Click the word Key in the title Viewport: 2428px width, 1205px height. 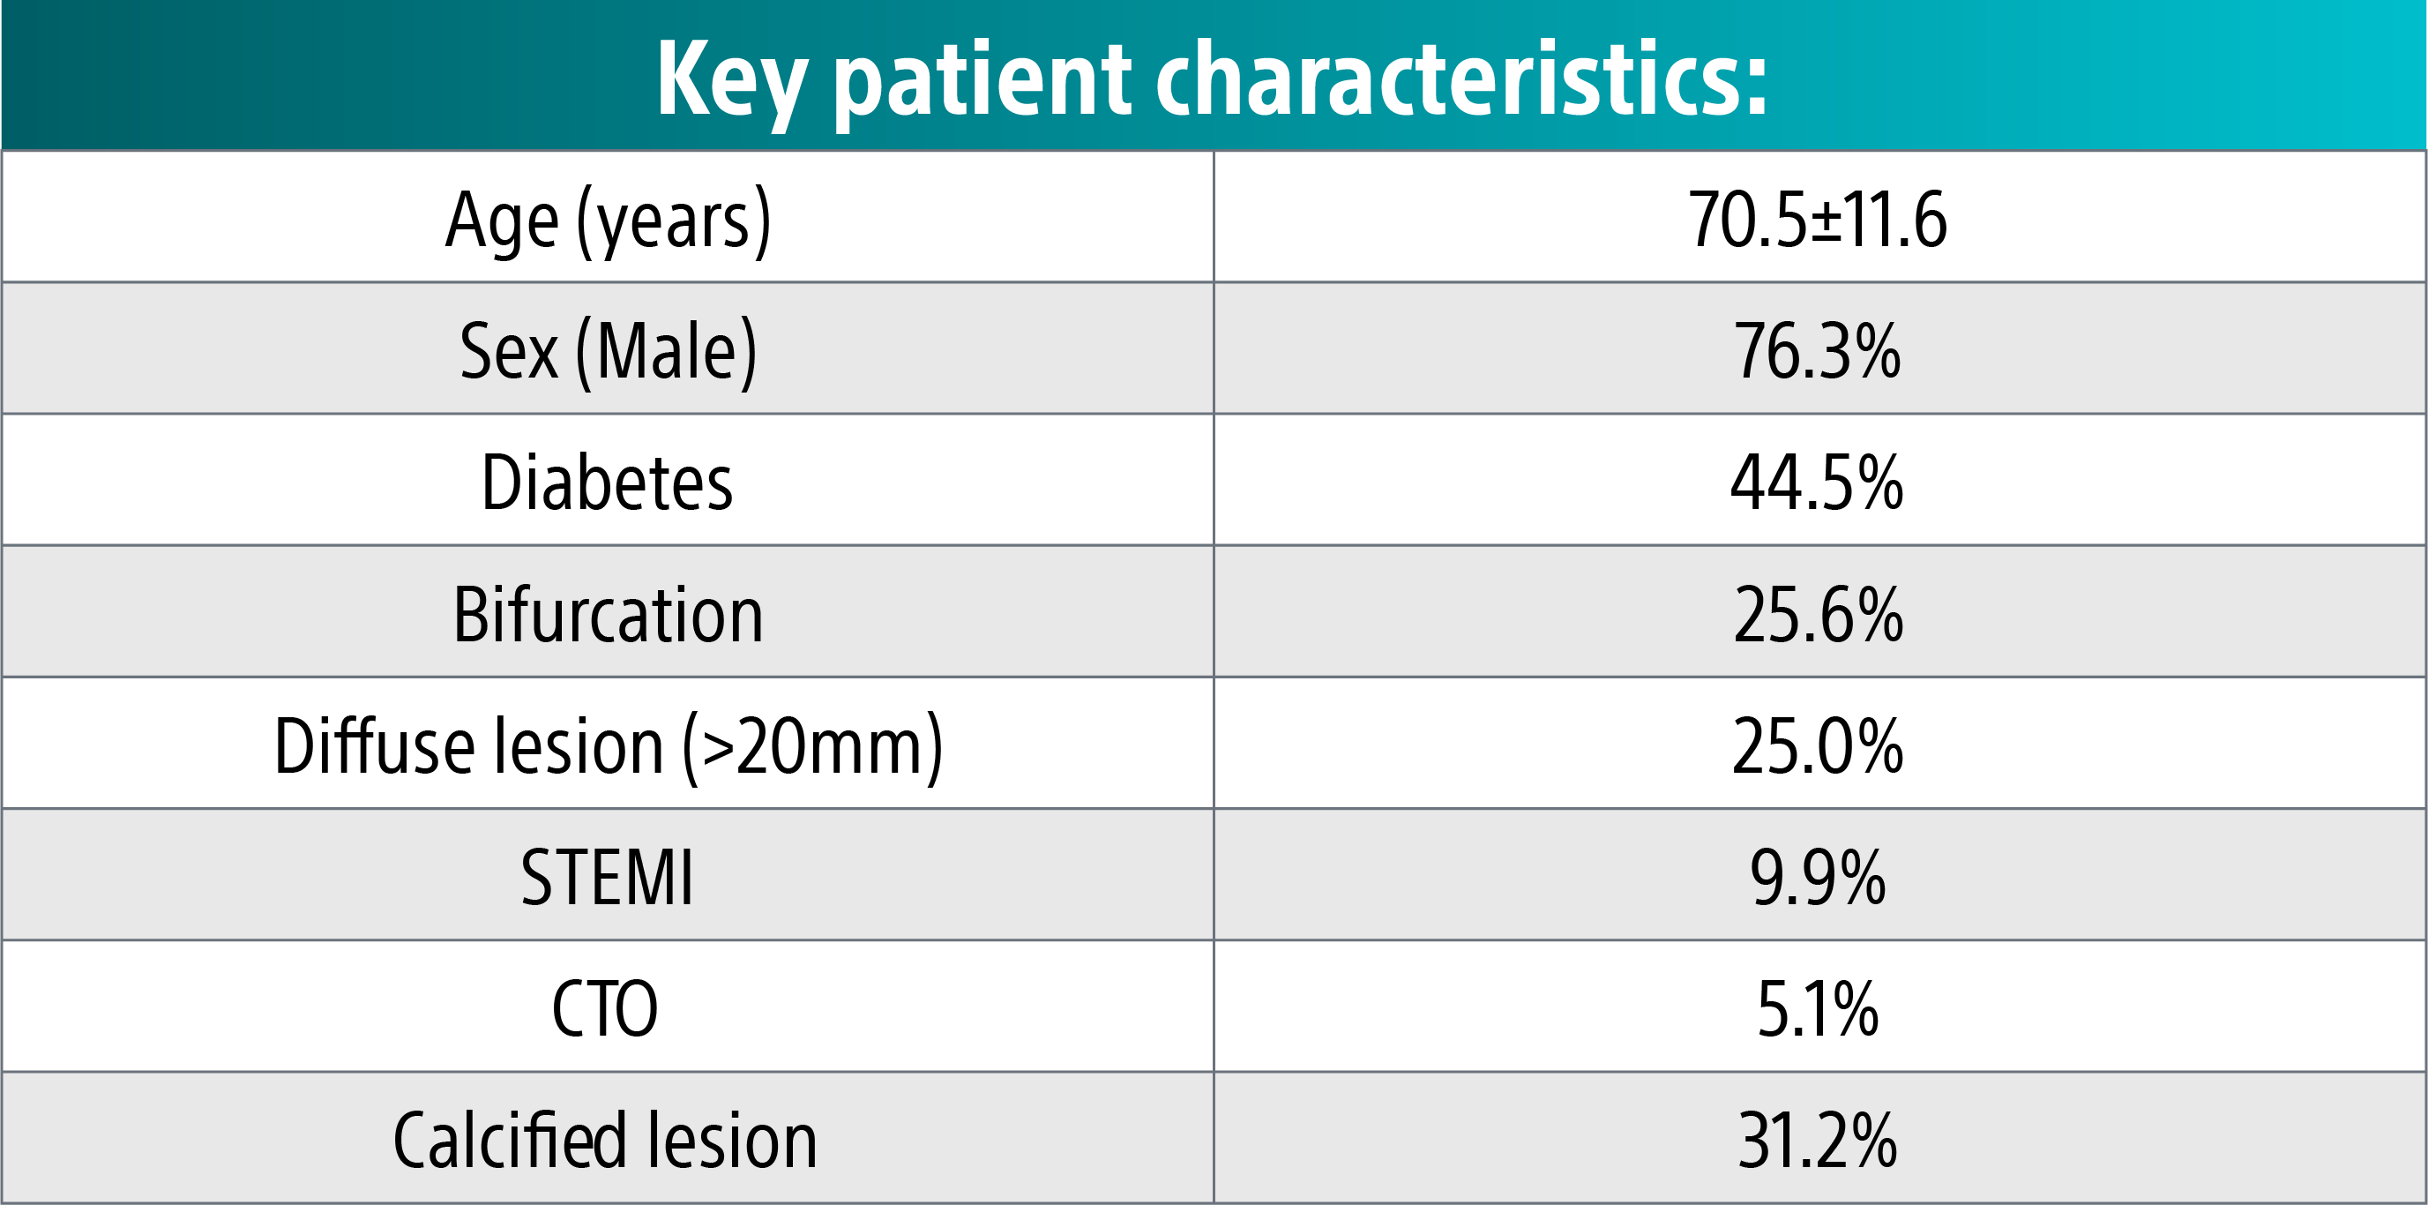(730, 80)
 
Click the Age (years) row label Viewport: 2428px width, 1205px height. (608, 220)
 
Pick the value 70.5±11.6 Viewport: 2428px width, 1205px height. (1817, 220)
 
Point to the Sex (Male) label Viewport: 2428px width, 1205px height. (608, 351)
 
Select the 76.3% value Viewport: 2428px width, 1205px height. (1817, 351)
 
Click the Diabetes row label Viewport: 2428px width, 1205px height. (607, 482)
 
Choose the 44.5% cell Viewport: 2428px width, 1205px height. (1817, 482)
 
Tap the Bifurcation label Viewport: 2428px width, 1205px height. (608, 614)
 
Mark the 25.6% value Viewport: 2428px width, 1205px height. (1817, 614)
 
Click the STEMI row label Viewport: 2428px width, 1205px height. (607, 877)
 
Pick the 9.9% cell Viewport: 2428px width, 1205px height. (1817, 877)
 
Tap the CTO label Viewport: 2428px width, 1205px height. (605, 1008)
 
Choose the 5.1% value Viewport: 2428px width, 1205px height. (1817, 1008)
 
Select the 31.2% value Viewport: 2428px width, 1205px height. (1817, 1140)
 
